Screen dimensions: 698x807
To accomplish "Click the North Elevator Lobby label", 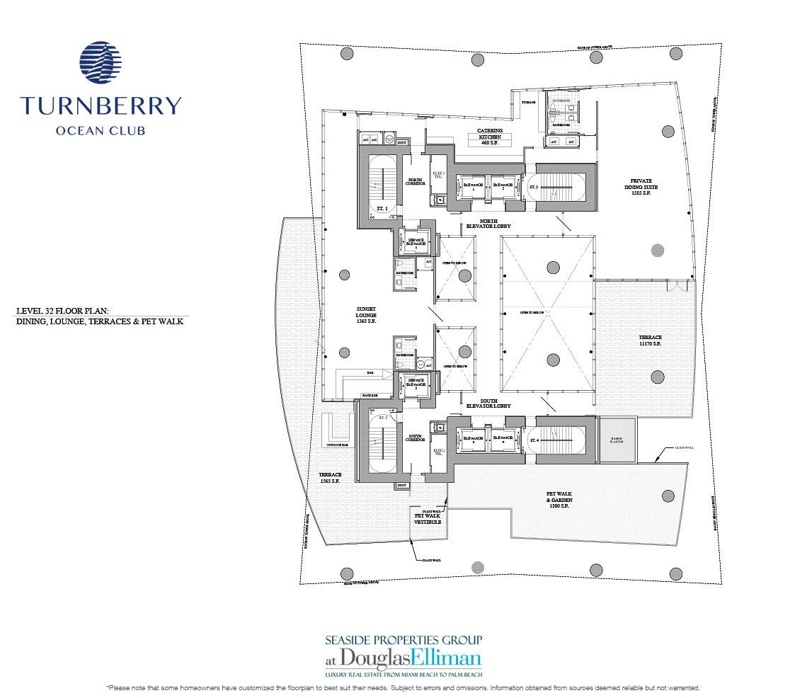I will pos(488,224).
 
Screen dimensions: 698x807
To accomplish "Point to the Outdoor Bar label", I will pos(337,445).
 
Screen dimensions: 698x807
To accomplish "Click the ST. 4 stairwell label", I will pos(534,440).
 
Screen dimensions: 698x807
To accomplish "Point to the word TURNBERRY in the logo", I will pos(101,107).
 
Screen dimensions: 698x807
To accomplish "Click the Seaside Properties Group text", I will pos(403,639).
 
